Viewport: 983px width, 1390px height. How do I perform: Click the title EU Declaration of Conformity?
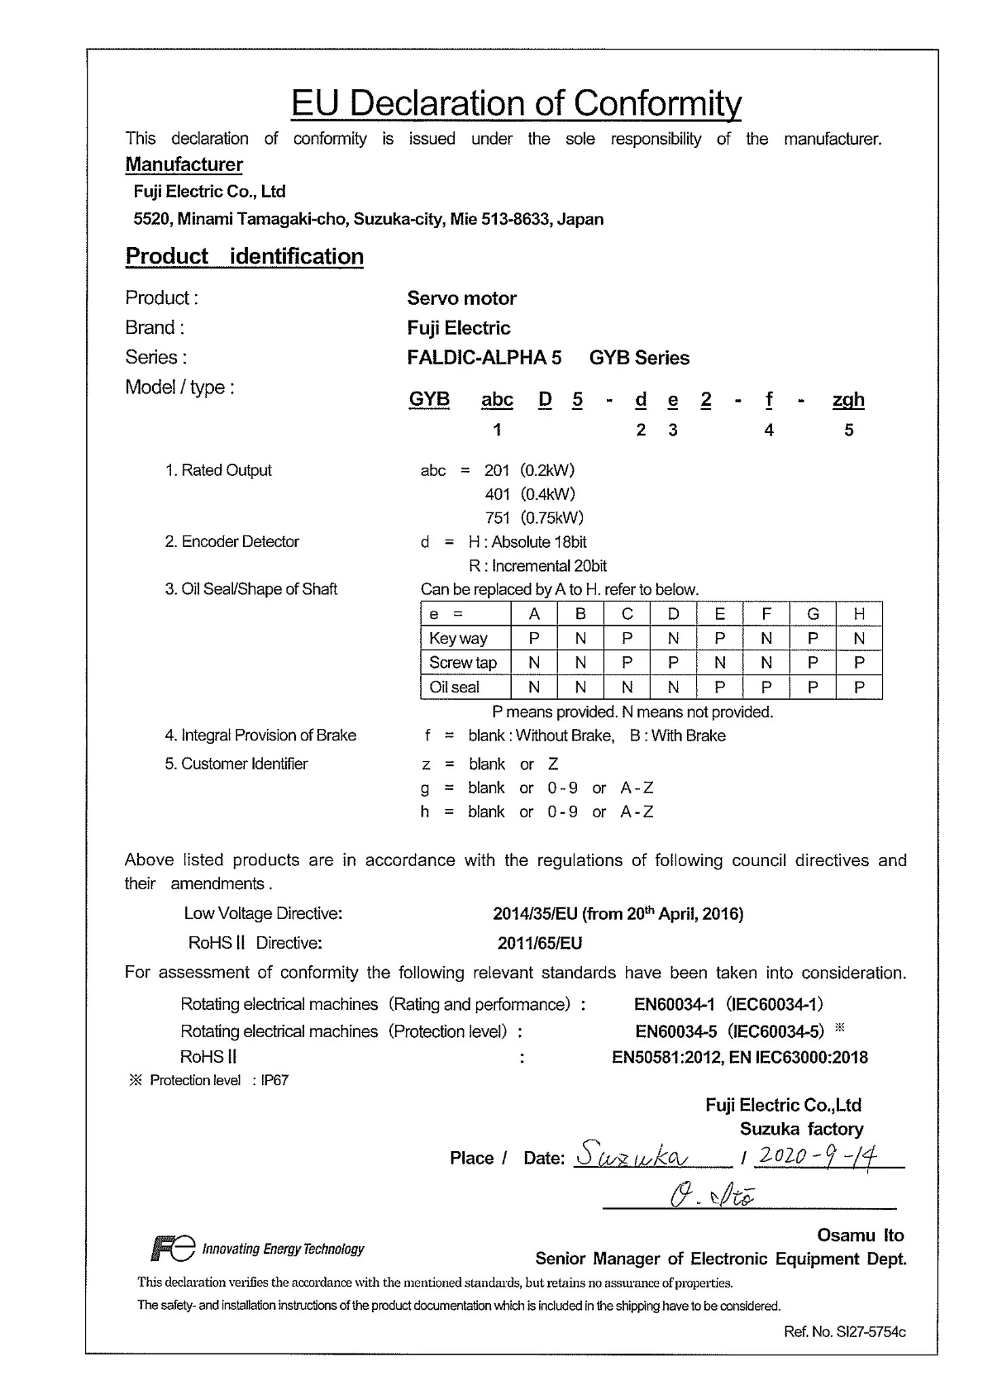(x=516, y=104)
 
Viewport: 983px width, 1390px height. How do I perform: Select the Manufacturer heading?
(x=184, y=164)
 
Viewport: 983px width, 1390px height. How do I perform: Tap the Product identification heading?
(x=244, y=257)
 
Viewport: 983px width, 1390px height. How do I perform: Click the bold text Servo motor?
(x=462, y=298)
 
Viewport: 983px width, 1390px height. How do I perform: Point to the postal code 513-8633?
(x=515, y=219)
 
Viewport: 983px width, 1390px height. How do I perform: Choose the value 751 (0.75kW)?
(x=534, y=518)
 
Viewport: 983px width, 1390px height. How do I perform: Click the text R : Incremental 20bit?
(x=537, y=565)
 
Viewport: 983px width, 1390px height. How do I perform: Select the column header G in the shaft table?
(x=813, y=614)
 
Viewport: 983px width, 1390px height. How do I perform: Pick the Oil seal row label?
(x=454, y=687)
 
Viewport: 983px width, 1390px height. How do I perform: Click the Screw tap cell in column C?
(x=627, y=662)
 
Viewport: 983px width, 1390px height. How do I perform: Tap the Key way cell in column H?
(x=859, y=638)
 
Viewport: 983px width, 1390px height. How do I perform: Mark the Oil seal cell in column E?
(x=720, y=687)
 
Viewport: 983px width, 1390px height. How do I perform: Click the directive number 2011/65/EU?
(x=540, y=943)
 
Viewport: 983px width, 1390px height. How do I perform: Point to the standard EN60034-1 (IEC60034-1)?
(x=728, y=1004)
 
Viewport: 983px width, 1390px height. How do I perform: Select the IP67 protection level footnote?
(x=274, y=1080)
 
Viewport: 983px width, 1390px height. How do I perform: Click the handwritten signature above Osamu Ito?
(x=712, y=1196)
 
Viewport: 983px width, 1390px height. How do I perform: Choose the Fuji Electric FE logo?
(x=172, y=1249)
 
